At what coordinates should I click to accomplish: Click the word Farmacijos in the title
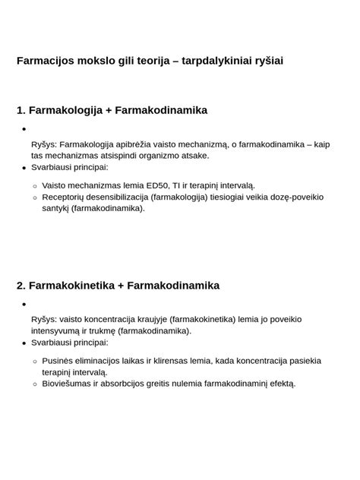[44, 60]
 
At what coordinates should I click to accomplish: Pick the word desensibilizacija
[115, 197]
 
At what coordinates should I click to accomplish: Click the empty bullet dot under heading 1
[24, 130]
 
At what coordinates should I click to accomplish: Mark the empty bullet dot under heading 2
[24, 305]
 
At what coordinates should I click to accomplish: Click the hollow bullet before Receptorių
[35, 197]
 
